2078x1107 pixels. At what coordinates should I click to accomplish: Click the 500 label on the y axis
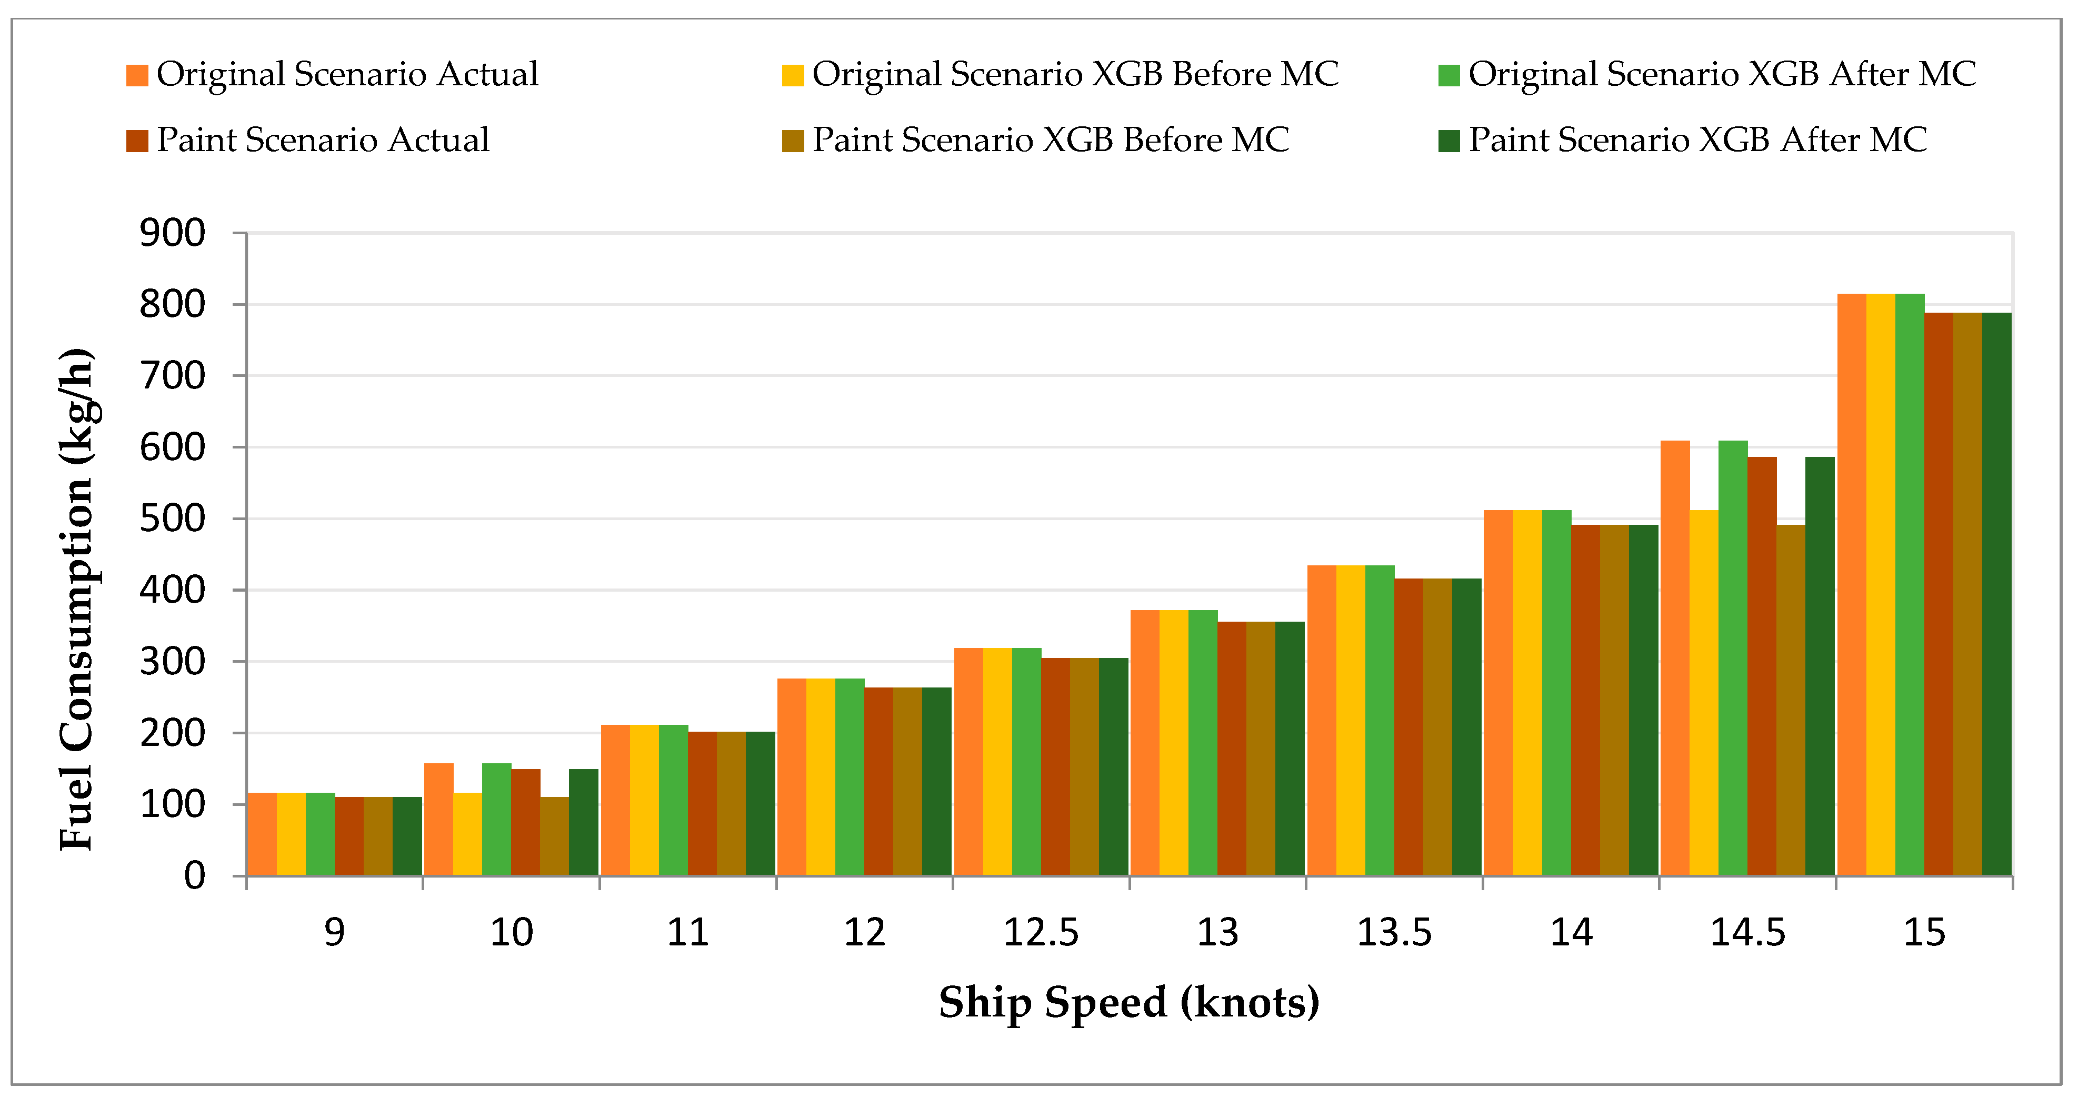coord(173,519)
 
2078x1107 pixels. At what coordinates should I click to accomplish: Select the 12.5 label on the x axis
coord(1041,933)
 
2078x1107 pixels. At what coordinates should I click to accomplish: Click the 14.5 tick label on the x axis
coord(1747,933)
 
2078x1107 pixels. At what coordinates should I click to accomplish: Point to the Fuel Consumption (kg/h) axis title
coord(77,599)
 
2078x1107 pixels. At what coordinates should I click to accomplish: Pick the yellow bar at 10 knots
coord(467,834)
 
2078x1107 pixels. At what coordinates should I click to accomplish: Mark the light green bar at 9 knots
coord(320,834)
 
